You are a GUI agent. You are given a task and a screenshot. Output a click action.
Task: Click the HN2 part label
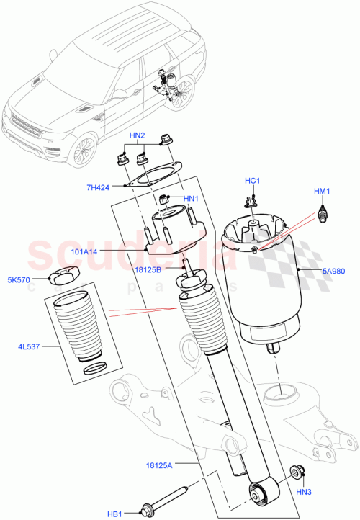[137, 135]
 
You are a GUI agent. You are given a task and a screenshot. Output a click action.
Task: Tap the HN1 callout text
[191, 199]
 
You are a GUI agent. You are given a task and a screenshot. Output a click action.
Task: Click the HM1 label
[321, 191]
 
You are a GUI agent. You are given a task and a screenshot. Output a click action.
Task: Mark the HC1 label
[252, 181]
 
